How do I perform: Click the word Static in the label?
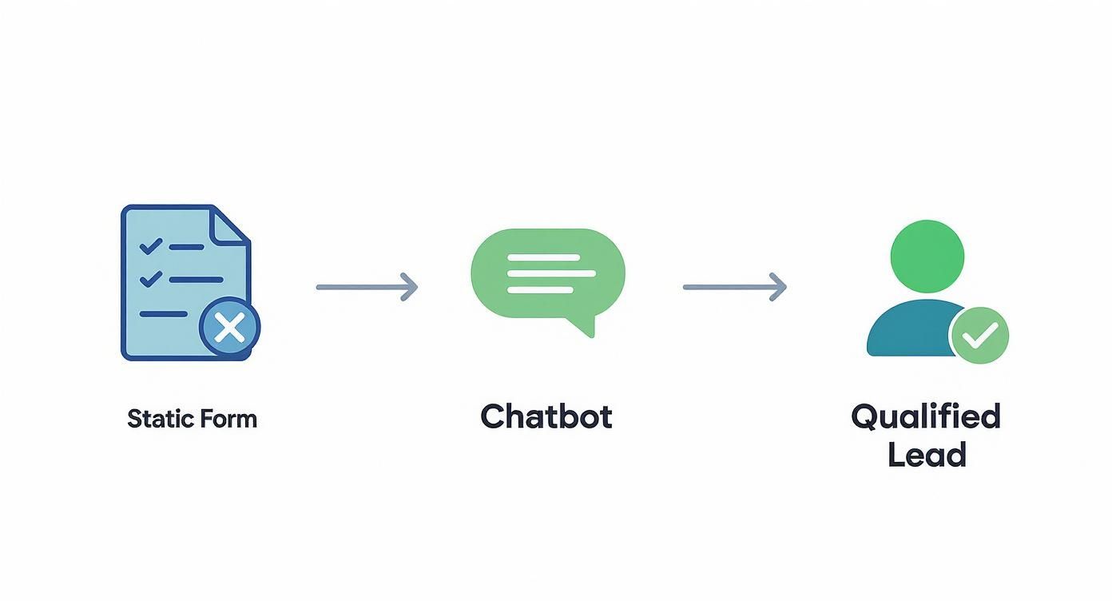tap(157, 419)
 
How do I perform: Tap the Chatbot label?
tap(546, 417)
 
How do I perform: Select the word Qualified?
tap(925, 417)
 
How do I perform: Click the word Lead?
tap(927, 455)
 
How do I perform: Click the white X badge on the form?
tap(230, 328)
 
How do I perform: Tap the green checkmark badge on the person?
tap(979, 336)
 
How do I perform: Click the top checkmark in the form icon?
tap(150, 246)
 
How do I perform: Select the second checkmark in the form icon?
tap(150, 279)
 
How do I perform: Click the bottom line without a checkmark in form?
tap(164, 314)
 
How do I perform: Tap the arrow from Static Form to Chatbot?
tap(366, 286)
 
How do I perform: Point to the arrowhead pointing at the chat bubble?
tap(409, 286)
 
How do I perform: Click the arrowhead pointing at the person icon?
tap(778, 286)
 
